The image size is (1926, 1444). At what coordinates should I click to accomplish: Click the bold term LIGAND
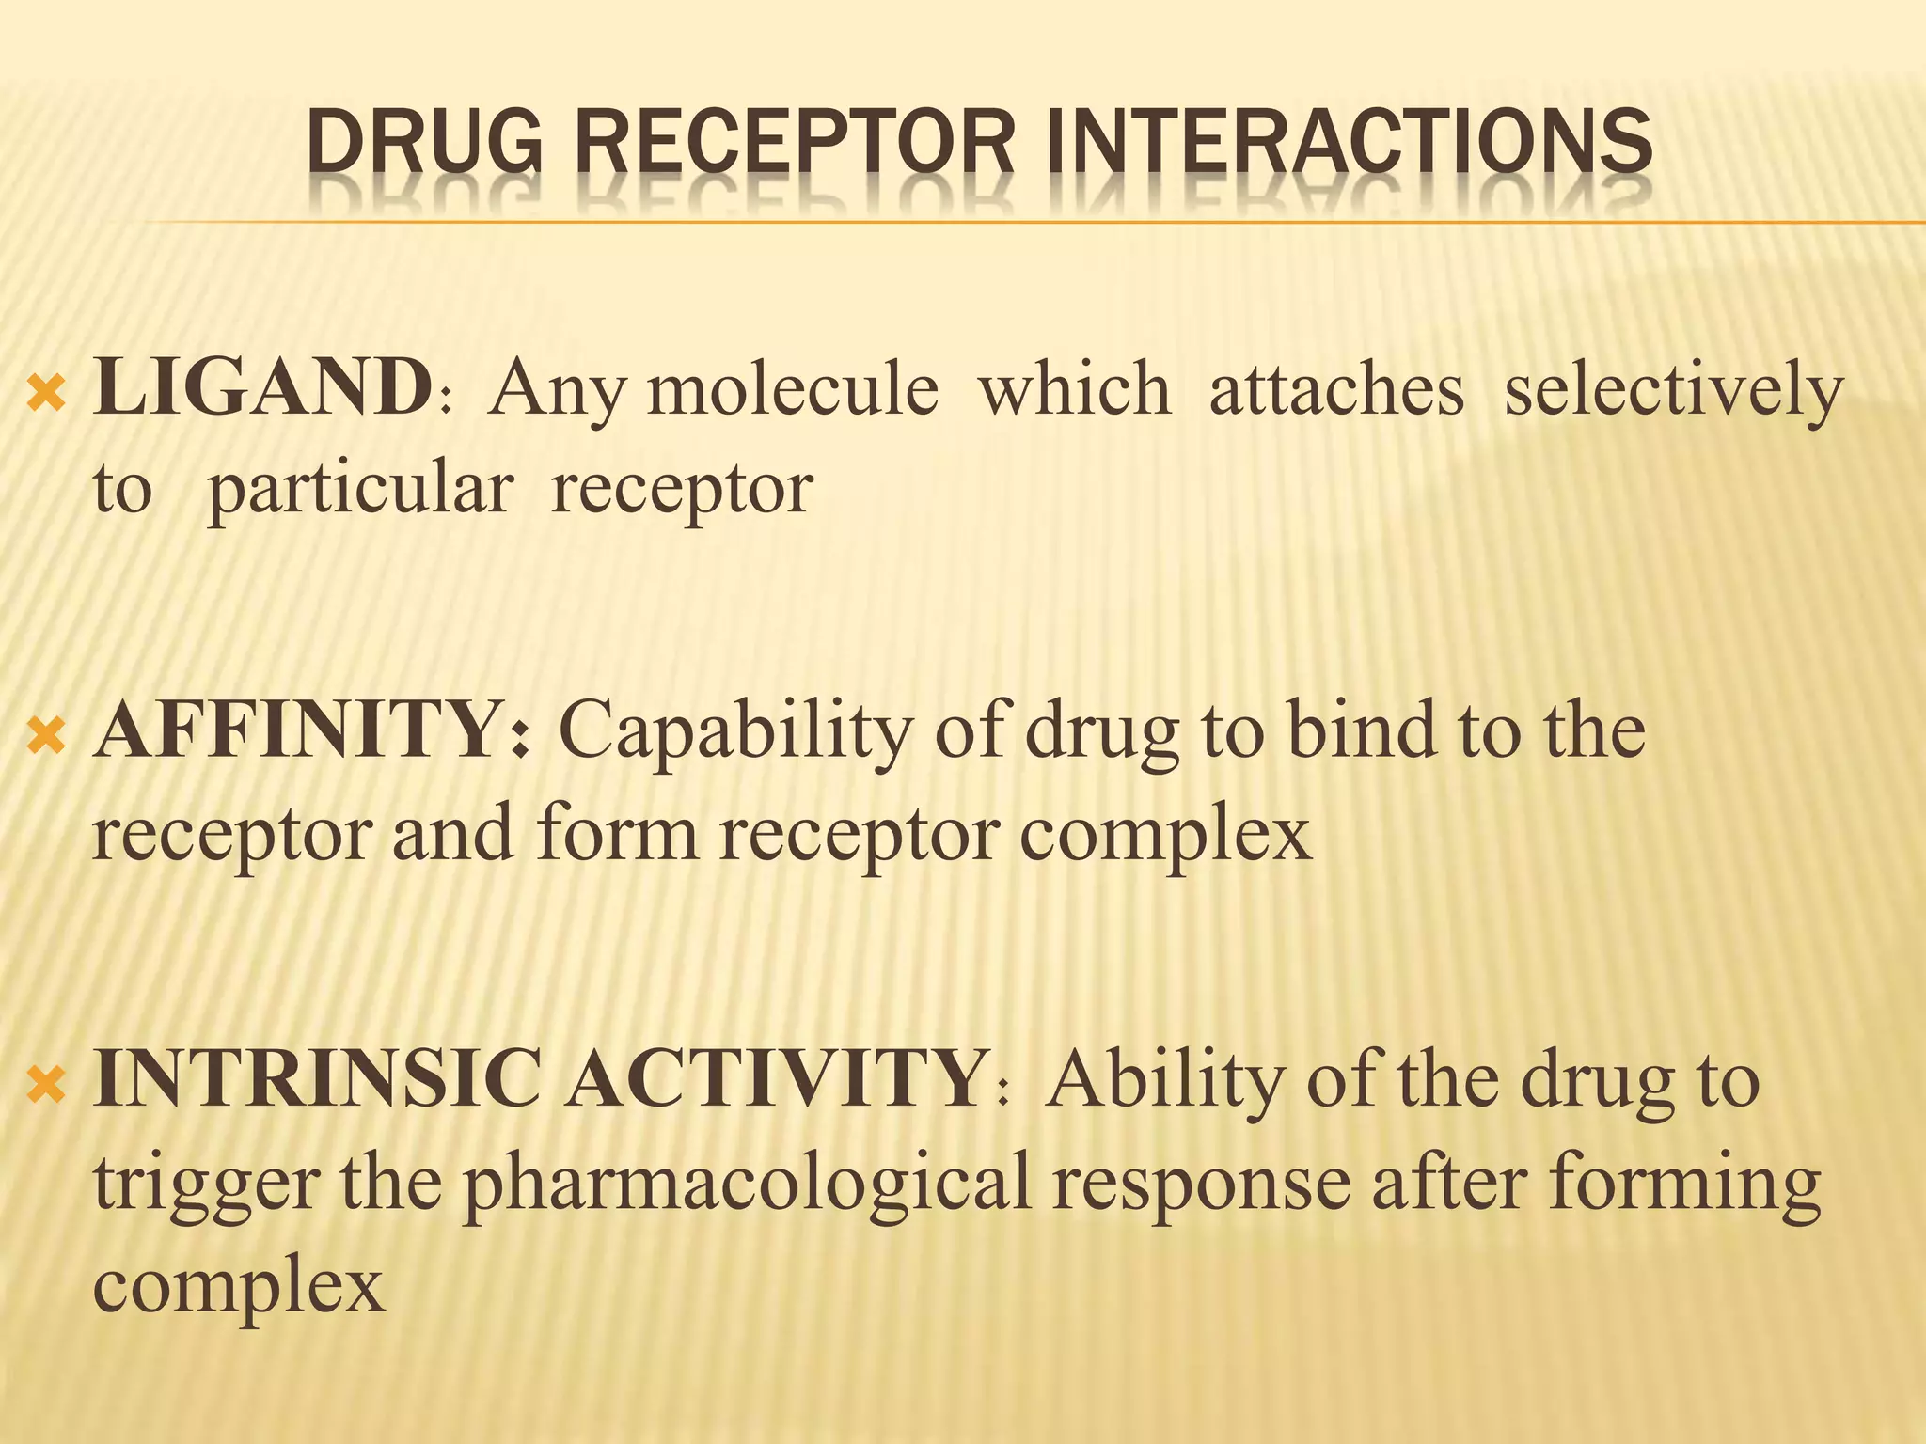[262, 387]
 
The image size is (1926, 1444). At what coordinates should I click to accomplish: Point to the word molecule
[793, 388]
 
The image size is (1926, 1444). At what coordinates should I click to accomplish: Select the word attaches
[1336, 388]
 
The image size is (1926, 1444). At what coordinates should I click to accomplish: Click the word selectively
[1673, 390]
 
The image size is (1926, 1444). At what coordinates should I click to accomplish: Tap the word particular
[360, 490]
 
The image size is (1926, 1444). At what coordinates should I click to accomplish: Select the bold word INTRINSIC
[317, 1079]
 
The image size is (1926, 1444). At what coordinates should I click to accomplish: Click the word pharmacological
[748, 1185]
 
